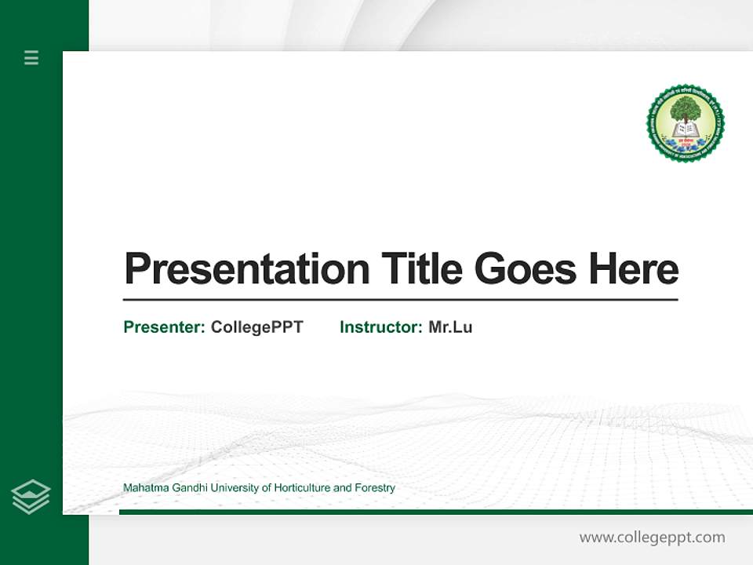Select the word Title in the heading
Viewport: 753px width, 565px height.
(421, 269)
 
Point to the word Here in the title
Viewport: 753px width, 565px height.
(633, 269)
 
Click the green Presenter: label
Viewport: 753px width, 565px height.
(164, 327)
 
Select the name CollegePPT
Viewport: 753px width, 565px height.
(256, 327)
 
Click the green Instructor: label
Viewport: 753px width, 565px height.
(380, 327)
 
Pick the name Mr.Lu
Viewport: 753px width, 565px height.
(450, 327)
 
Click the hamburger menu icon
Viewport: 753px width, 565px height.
(31, 57)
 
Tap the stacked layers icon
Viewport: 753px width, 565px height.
(31, 497)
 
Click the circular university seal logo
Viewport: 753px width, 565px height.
(686, 124)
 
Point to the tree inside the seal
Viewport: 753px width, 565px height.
(686, 110)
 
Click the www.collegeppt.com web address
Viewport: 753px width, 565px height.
(652, 538)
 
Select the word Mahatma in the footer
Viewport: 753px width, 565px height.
(143, 488)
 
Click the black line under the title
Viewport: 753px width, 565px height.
(400, 300)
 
